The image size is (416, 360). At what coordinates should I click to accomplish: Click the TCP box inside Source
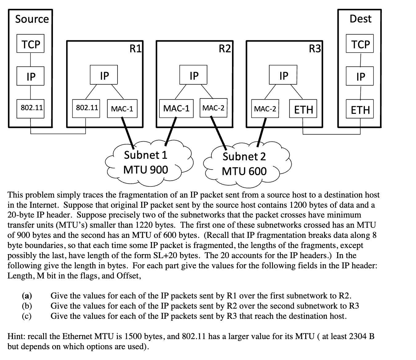point(30,44)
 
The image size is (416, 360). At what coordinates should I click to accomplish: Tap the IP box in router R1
point(104,75)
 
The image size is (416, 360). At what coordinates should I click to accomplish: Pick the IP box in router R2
point(194,75)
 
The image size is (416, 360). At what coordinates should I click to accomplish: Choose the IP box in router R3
point(283,75)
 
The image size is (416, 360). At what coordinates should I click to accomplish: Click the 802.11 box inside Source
point(30,108)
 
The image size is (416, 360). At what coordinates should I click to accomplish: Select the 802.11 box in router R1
point(86,108)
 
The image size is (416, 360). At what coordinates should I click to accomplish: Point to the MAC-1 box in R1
point(122,109)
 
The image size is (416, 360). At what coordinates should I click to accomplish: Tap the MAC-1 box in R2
point(176,109)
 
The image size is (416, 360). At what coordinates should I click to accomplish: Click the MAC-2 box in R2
point(214,108)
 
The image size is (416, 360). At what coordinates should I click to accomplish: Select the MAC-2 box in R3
point(265,109)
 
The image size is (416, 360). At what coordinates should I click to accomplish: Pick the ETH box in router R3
point(303,110)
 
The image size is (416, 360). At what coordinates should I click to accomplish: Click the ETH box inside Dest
point(360,110)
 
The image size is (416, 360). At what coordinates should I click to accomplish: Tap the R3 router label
point(314,49)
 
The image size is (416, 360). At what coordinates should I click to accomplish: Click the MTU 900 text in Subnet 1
point(146,170)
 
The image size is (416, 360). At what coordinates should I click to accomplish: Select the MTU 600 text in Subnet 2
point(244,171)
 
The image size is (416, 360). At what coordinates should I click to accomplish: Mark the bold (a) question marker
point(27,296)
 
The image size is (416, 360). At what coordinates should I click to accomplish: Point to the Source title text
point(32,19)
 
